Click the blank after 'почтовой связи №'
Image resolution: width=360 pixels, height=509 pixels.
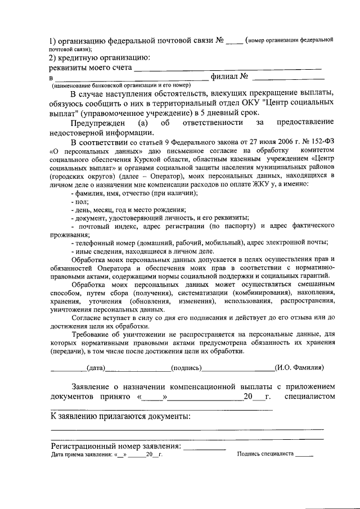tap(235, 41)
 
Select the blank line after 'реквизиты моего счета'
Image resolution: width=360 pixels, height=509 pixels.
tap(227, 69)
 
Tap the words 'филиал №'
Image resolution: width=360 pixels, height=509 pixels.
tap(229, 76)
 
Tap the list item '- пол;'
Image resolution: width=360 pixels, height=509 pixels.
tap(79, 201)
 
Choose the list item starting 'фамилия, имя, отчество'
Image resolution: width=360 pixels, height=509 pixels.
tap(134, 193)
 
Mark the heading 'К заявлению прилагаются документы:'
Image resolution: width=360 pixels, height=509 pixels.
tap(120, 417)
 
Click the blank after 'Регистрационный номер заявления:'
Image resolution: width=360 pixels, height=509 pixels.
tap(205, 447)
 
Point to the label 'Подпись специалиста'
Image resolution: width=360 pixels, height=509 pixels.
tap(265, 454)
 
